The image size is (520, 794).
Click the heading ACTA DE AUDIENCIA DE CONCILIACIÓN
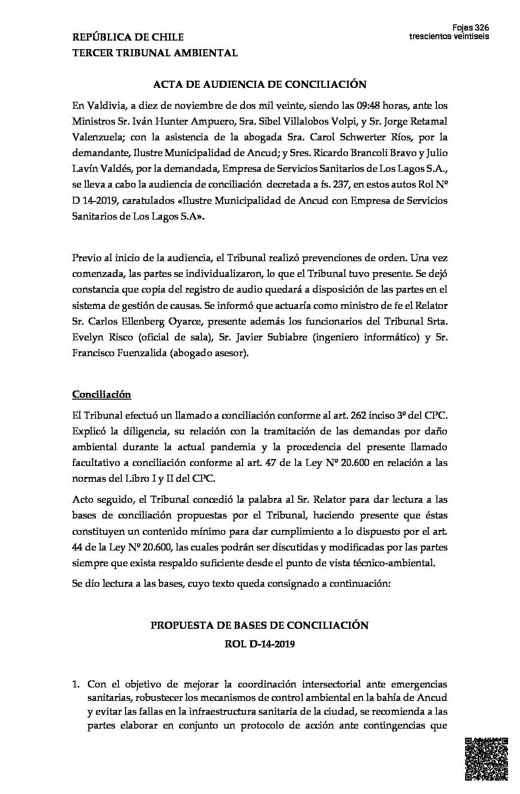pos(259,85)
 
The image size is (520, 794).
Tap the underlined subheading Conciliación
pos(101,394)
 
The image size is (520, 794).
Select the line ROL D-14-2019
pos(259,644)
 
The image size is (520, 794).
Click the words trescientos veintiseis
pos(449,37)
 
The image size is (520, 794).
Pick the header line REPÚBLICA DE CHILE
pos(127,37)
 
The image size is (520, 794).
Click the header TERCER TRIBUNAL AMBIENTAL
pos(155,53)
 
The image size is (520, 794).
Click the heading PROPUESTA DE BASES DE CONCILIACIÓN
pos(259,625)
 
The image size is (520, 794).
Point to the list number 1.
pos(76,685)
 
